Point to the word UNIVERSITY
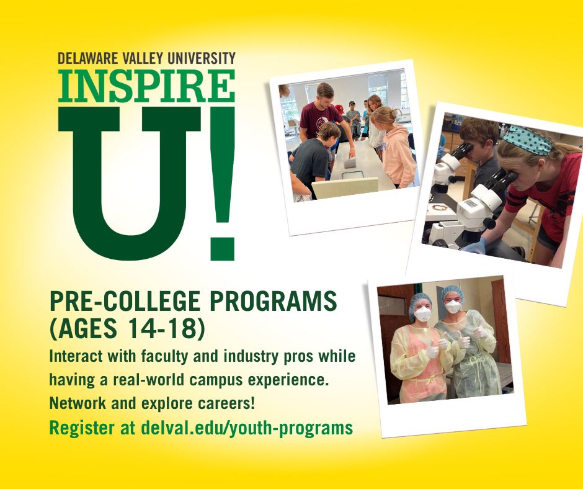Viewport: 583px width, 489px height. point(200,59)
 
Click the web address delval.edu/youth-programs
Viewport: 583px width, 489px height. point(246,428)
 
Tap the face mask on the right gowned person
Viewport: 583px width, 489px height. point(453,307)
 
